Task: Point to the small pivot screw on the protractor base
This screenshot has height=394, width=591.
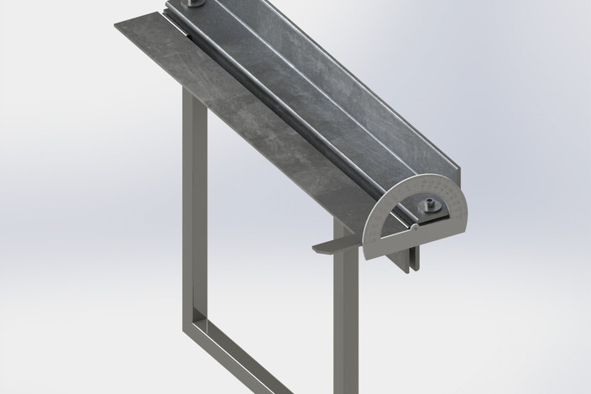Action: (414, 227)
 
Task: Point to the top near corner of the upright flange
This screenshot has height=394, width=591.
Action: (461, 168)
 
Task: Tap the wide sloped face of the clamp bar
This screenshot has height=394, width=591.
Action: (302, 92)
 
